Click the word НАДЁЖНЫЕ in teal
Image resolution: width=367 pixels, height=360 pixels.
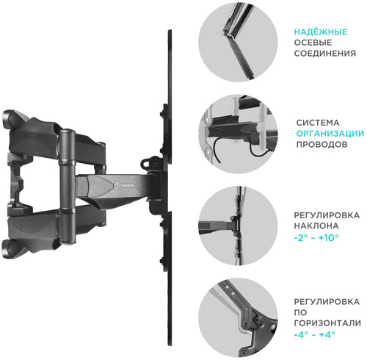[x=321, y=32]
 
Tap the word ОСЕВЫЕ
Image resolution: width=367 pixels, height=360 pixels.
[x=313, y=43]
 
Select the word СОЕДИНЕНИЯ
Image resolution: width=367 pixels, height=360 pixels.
[x=324, y=54]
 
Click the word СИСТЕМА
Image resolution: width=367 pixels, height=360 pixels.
[x=318, y=123]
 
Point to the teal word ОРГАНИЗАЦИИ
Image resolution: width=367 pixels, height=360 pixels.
[x=330, y=134]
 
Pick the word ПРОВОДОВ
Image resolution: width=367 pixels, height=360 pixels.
[x=322, y=144]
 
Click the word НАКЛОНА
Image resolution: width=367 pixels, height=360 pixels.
[x=316, y=226]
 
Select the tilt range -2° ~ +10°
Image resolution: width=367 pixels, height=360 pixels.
[x=316, y=237]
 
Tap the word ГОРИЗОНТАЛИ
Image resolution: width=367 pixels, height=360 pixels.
[x=327, y=323]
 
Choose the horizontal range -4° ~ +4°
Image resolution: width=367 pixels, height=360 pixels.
[x=314, y=334]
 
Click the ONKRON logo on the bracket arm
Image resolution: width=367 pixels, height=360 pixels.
[x=124, y=186]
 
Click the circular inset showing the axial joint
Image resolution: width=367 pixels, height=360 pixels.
[x=238, y=41]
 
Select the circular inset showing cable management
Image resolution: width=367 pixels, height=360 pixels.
[x=238, y=134]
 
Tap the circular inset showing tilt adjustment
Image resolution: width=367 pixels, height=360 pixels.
[x=238, y=226]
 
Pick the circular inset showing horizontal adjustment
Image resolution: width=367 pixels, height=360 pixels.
[x=238, y=317]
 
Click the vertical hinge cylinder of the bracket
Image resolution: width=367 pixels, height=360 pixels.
[x=67, y=187]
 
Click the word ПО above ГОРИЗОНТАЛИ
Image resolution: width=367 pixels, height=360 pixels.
[x=300, y=312]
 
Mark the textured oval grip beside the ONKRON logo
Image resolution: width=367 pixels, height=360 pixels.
[x=99, y=185]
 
